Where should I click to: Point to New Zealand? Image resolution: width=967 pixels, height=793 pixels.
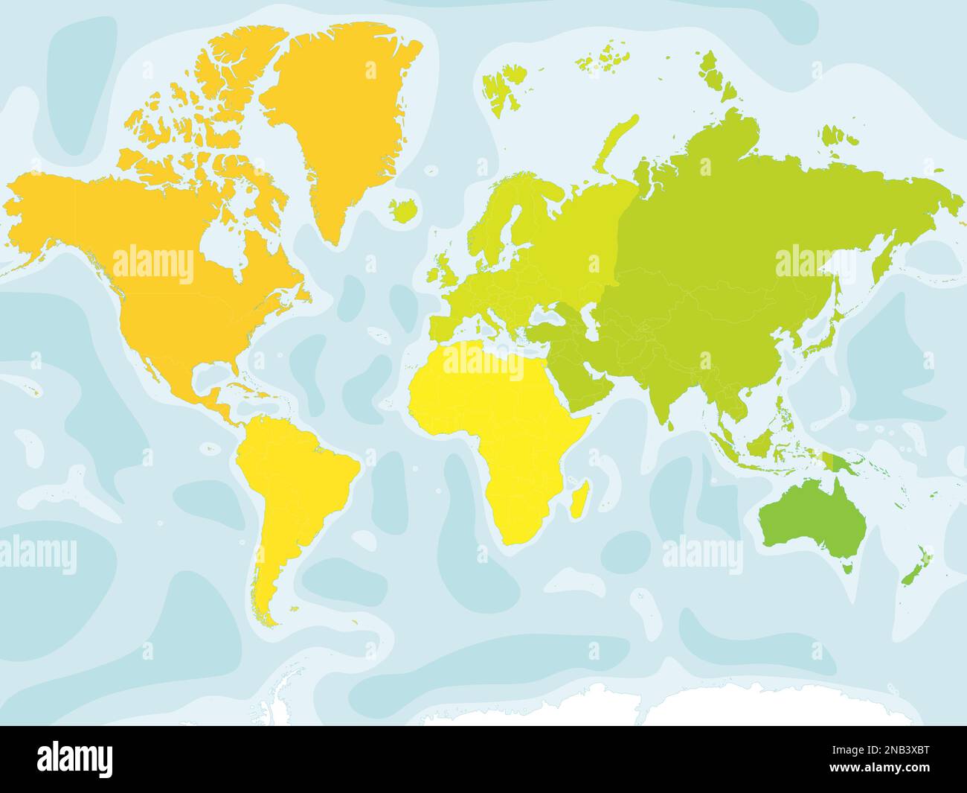tap(913, 566)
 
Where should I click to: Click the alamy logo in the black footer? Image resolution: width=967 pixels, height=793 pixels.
tap(75, 759)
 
